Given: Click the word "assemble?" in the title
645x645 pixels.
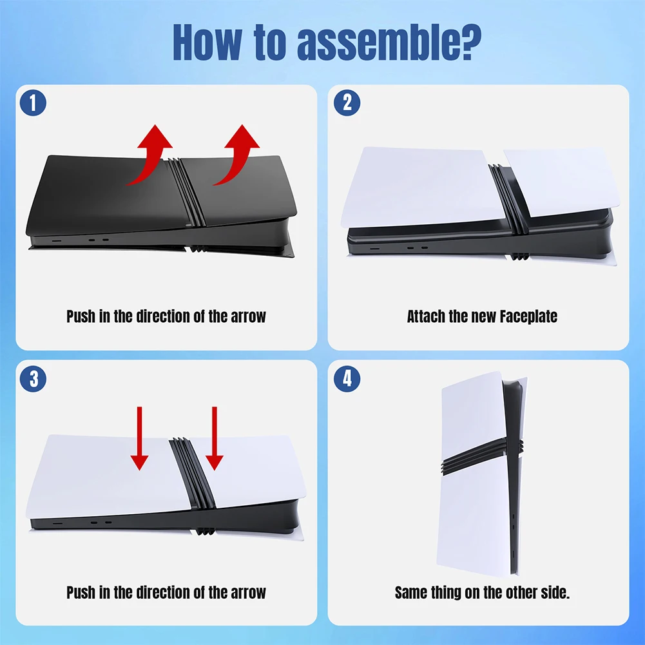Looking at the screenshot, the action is [x=389, y=42].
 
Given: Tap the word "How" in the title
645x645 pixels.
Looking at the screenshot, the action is [x=206, y=42].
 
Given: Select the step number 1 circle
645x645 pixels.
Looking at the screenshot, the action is [x=33, y=102].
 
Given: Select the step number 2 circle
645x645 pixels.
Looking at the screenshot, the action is [x=347, y=102].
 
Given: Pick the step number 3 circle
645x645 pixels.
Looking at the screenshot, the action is [x=33, y=378].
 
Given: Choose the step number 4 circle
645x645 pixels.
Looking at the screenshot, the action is [x=347, y=378].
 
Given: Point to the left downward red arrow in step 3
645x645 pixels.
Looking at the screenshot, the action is [x=139, y=439].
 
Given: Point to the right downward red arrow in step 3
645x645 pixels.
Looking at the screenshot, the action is [x=215, y=439].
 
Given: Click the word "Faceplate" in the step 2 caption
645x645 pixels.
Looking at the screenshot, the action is [x=528, y=317].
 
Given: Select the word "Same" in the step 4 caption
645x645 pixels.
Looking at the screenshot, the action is [x=411, y=592].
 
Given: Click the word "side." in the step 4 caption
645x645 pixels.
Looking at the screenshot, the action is [x=555, y=592].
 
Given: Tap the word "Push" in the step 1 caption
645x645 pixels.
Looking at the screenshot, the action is [x=81, y=316].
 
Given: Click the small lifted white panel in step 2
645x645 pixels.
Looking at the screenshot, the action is [x=562, y=183].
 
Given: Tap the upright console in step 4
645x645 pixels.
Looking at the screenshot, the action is [x=481, y=473].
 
